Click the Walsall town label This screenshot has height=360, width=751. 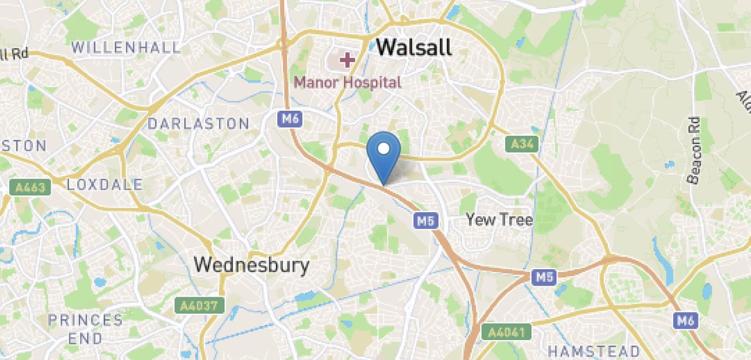[x=414, y=48]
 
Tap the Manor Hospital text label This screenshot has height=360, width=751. [x=347, y=81]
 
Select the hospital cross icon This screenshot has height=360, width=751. [x=346, y=61]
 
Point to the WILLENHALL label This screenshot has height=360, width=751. [x=126, y=47]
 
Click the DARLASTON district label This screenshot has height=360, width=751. [x=198, y=123]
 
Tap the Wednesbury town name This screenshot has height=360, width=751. [x=252, y=265]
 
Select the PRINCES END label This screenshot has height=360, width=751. [x=86, y=329]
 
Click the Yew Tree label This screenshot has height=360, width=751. [x=499, y=220]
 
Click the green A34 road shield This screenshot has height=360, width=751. [x=522, y=145]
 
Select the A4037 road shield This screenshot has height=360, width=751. [x=195, y=306]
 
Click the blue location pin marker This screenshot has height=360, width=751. [x=384, y=150]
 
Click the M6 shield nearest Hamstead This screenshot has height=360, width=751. [x=687, y=321]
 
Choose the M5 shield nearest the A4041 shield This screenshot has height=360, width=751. [x=543, y=276]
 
